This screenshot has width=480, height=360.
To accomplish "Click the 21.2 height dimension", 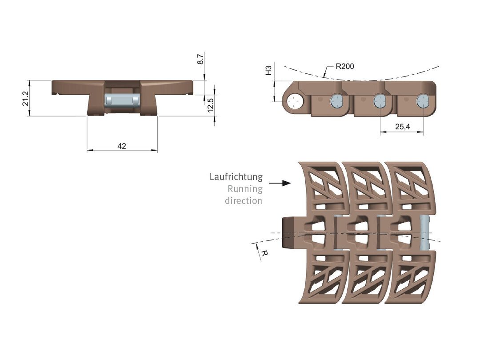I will click(25, 98).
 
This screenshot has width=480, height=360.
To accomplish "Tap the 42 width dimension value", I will click(122, 146).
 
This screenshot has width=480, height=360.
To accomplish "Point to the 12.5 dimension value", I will click(211, 106).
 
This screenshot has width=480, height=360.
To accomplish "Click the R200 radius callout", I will click(345, 67).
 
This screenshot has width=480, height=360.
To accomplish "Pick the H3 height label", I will click(268, 70).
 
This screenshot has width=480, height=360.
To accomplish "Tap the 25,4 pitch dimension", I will click(402, 127).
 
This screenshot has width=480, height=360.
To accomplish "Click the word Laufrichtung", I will click(236, 177).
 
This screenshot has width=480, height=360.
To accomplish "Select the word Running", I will click(245, 189).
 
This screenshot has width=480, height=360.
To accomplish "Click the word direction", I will click(243, 200).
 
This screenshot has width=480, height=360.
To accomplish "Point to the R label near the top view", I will click(264, 253).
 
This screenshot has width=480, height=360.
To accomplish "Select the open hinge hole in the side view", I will click(294, 102).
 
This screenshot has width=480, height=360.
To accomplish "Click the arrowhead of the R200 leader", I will click(325, 77).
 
